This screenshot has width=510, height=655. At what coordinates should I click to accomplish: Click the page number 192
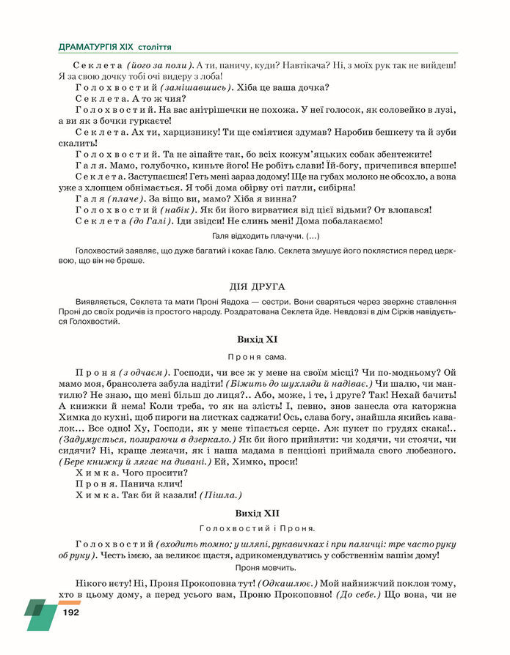(70, 612)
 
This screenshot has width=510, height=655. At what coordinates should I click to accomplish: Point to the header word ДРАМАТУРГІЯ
(96, 47)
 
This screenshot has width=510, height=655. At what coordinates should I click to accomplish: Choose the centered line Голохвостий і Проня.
(257, 528)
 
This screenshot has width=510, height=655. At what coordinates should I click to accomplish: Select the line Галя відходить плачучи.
(256, 236)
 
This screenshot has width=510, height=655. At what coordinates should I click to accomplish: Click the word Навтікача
(297, 65)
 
